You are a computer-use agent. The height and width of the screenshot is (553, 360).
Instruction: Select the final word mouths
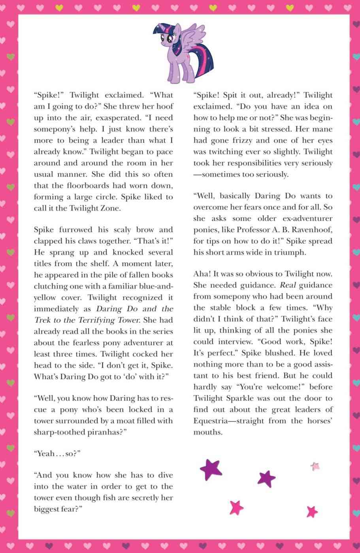click(x=208, y=432)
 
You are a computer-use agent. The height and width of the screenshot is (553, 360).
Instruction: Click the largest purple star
click(x=211, y=469)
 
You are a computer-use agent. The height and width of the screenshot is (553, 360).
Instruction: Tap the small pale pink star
click(x=315, y=466)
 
